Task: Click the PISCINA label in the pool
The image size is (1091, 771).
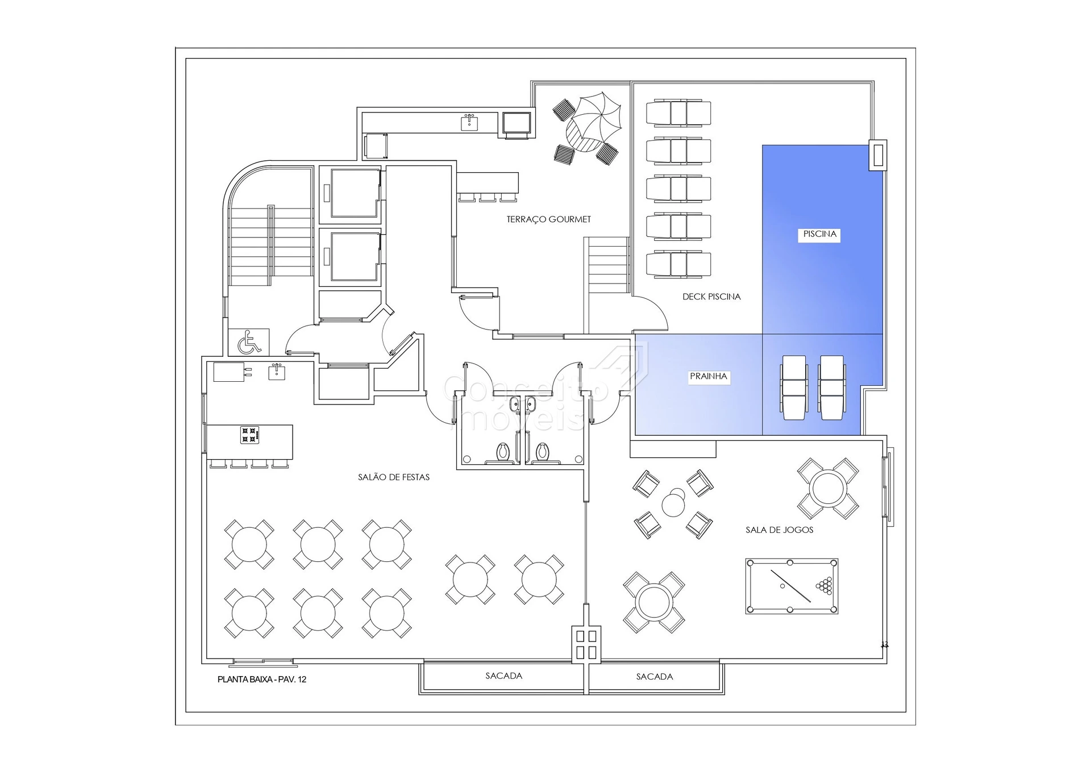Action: tap(819, 234)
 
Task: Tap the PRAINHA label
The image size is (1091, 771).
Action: tap(708, 376)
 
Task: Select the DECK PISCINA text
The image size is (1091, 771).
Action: tap(711, 297)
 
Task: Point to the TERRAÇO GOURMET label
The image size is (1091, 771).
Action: tap(548, 219)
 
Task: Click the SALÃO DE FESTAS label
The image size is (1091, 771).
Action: tap(394, 477)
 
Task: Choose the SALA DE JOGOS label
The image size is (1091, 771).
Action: tap(779, 530)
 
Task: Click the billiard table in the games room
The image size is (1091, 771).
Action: tap(792, 586)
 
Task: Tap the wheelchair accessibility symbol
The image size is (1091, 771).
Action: tap(249, 342)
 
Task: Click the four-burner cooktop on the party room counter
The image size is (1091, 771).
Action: tap(249, 435)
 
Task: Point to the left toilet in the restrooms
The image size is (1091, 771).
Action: tap(503, 453)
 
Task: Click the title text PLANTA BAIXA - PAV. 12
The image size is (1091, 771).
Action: tap(262, 680)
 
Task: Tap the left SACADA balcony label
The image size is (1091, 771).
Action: tap(503, 676)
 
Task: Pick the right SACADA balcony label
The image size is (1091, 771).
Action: tap(654, 677)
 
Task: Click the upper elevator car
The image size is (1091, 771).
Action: tap(355, 193)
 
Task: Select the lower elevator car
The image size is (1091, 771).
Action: tap(355, 256)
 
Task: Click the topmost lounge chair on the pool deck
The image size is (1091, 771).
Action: tap(678, 112)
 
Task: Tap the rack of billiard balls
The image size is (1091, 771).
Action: tap(825, 585)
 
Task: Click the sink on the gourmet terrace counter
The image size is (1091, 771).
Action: tap(469, 122)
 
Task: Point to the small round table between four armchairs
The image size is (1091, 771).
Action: tap(674, 503)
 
